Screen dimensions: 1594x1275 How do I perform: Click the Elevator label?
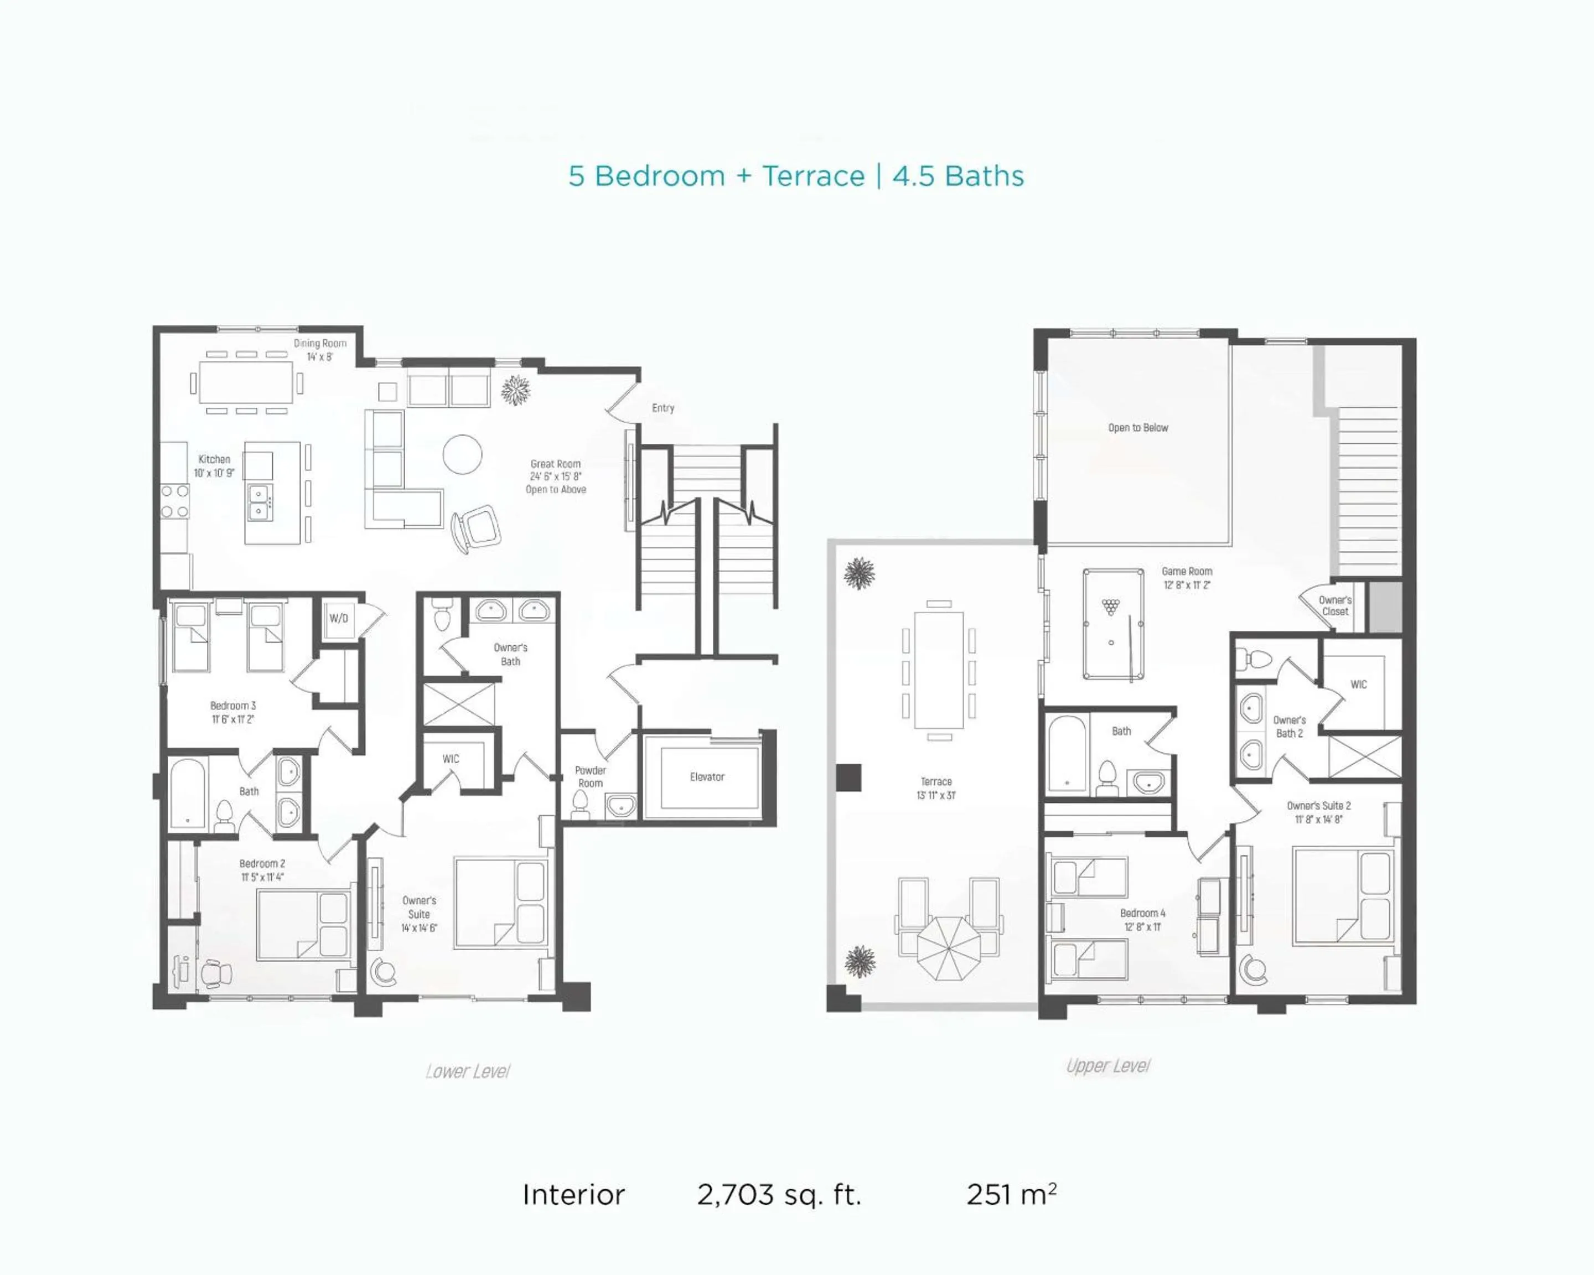[707, 777]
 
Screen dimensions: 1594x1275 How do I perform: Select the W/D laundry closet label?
[339, 618]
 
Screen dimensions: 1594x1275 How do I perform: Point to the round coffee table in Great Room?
[463, 454]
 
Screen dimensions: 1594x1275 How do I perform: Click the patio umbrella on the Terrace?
[949, 949]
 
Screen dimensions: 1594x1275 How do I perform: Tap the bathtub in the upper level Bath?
[1067, 753]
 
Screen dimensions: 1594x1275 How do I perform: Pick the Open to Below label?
[1138, 428]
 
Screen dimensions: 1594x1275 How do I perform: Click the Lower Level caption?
[468, 1071]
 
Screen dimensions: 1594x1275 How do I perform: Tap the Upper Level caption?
[1107, 1066]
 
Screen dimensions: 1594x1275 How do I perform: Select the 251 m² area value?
[1011, 1194]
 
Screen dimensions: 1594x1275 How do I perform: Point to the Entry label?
[663, 408]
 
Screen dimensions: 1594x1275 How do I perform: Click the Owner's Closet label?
[1335, 606]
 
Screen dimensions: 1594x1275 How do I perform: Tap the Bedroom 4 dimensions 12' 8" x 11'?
[1142, 927]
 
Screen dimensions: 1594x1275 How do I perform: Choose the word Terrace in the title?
[813, 176]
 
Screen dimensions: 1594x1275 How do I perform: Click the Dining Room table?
[247, 383]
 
